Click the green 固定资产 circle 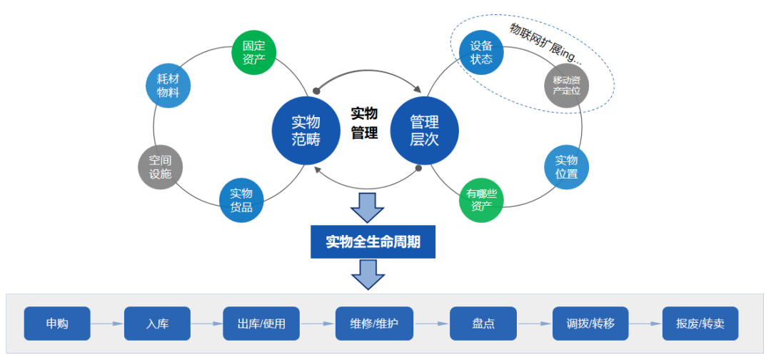pyautogui.click(x=253, y=51)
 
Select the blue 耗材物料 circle pyautogui.click(x=168, y=86)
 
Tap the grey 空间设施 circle pyautogui.click(x=160, y=167)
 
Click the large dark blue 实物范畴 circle pyautogui.click(x=306, y=130)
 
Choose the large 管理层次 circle pyautogui.click(x=424, y=130)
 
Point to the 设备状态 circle pyautogui.click(x=481, y=52)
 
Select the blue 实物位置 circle pyautogui.click(x=566, y=167)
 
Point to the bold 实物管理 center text pyautogui.click(x=364, y=123)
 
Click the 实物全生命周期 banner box pyautogui.click(x=373, y=241)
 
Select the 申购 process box pyautogui.click(x=57, y=324)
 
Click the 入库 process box pyautogui.click(x=157, y=324)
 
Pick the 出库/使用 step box pyautogui.click(x=261, y=324)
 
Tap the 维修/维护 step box pyautogui.click(x=374, y=324)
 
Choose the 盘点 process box pyautogui.click(x=483, y=324)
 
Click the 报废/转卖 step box pyautogui.click(x=700, y=324)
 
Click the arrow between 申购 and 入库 pyautogui.click(x=107, y=324)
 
